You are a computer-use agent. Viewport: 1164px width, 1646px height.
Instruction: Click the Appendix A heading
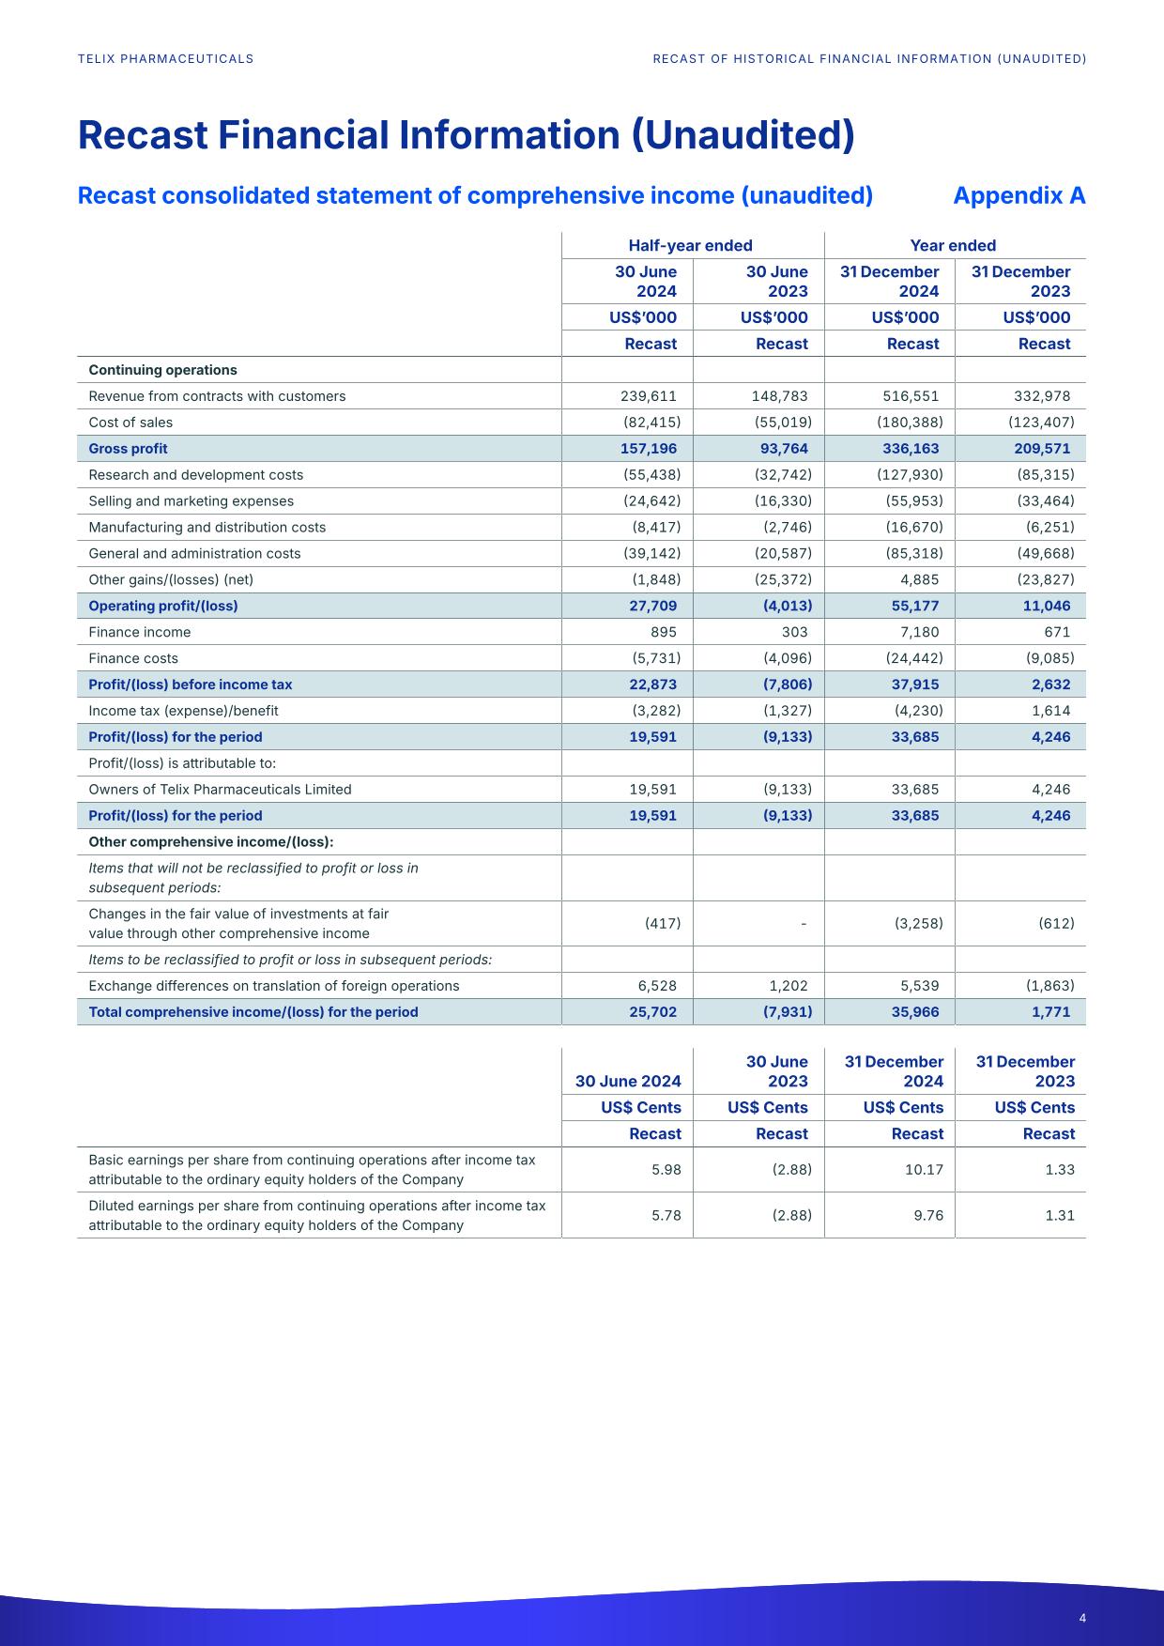click(1018, 195)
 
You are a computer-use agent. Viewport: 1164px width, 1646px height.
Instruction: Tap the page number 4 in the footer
click(1082, 1618)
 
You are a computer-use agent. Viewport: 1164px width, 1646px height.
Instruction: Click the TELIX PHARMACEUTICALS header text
click(166, 59)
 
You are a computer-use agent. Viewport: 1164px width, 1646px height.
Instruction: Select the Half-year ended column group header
click(690, 246)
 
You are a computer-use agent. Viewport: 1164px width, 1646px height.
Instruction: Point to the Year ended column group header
click(953, 246)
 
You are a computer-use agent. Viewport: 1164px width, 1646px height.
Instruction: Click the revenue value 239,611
click(649, 396)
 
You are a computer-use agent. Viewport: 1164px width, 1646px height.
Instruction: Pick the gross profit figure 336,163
click(911, 449)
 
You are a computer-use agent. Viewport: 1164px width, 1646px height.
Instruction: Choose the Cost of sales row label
click(130, 423)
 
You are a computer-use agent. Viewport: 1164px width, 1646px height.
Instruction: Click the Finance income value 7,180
click(918, 632)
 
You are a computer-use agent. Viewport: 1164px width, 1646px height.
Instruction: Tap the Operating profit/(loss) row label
click(163, 606)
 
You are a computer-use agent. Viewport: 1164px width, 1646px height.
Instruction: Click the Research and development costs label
click(196, 475)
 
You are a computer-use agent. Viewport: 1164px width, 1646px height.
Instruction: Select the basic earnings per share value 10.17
click(925, 1170)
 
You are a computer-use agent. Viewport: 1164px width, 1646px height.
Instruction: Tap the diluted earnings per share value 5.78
click(666, 1215)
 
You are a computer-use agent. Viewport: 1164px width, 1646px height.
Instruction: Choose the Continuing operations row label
click(163, 370)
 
